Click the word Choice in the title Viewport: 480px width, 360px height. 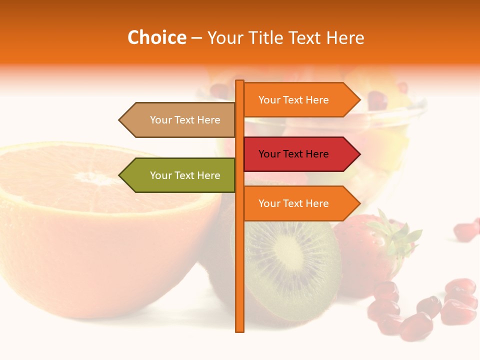[156, 38]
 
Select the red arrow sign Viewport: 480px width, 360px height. [300, 154]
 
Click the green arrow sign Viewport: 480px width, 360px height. [180, 175]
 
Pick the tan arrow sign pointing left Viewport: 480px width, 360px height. [180, 120]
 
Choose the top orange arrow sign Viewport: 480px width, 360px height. [300, 100]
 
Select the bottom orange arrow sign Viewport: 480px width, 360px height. [300, 203]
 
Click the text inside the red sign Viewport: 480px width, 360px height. [293, 154]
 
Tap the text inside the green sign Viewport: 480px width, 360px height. [185, 175]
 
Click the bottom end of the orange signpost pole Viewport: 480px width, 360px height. [240, 330]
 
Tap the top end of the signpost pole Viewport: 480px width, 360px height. [240, 82]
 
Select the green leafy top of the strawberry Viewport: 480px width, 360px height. [395, 235]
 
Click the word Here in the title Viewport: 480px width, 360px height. [345, 38]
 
